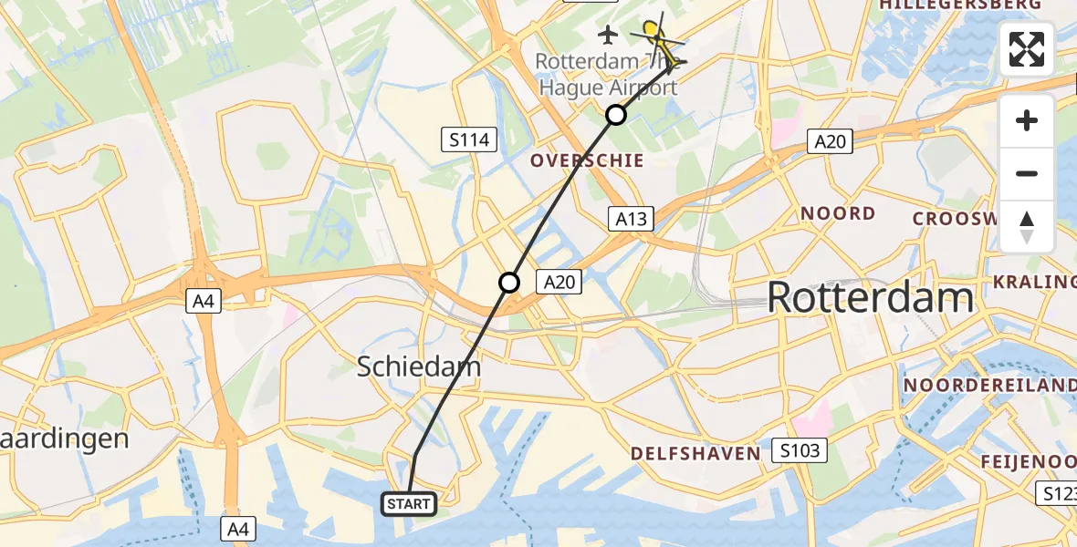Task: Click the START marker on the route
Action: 409,503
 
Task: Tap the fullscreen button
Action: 1027,49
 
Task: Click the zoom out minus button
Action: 1027,173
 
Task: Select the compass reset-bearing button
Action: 1027,227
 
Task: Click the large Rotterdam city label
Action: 870,298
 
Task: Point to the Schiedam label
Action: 419,366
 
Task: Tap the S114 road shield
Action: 470,140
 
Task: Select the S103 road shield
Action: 800,449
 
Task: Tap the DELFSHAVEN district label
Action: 695,453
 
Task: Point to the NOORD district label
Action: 838,213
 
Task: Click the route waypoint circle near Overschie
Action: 616,115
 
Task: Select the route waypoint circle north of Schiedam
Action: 509,283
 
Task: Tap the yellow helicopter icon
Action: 654,35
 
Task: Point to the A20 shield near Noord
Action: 831,140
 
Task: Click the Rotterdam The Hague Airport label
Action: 606,75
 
